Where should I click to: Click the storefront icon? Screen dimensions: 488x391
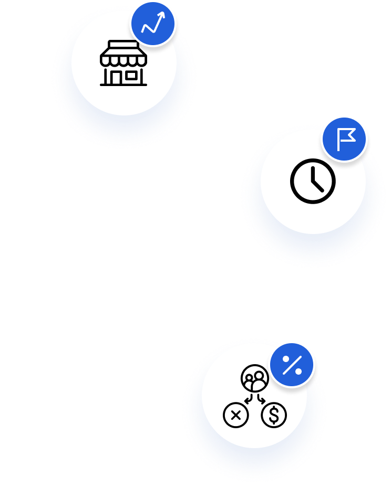pyautogui.click(x=124, y=65)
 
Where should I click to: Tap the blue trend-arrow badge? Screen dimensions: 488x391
pyautogui.click(x=152, y=24)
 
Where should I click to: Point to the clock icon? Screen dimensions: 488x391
pyautogui.click(x=313, y=181)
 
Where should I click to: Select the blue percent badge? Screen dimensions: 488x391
pyautogui.click(x=292, y=365)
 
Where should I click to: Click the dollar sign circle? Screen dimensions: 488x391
pyautogui.click(x=274, y=416)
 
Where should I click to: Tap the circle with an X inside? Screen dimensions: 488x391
pyautogui.click(x=235, y=416)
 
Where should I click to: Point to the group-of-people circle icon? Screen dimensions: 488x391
pyautogui.click(x=255, y=378)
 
